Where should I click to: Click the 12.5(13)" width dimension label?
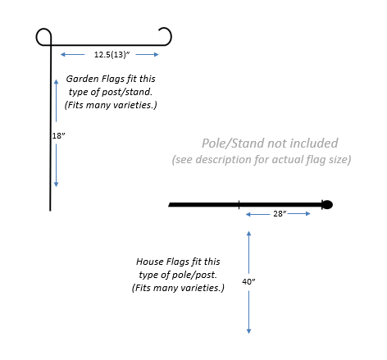coord(112,55)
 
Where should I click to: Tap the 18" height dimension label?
coord(58,135)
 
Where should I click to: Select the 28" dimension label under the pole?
coord(280,214)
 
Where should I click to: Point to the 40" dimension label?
coord(248,281)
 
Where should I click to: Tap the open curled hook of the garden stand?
coord(171,35)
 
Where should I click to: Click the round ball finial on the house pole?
coord(327,205)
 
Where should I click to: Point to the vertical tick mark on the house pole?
coord(239,205)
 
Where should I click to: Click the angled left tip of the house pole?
coord(170,205)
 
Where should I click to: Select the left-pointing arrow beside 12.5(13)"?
coord(72,55)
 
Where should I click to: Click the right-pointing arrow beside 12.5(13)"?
coord(147,55)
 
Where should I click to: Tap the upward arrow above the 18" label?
coord(57,101)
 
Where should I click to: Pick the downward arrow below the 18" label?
coord(57,166)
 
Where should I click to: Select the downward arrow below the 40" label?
coord(248,312)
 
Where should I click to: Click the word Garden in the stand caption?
coord(82,79)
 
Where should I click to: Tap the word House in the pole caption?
coord(150,262)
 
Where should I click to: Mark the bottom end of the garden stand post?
coord(50,211)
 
